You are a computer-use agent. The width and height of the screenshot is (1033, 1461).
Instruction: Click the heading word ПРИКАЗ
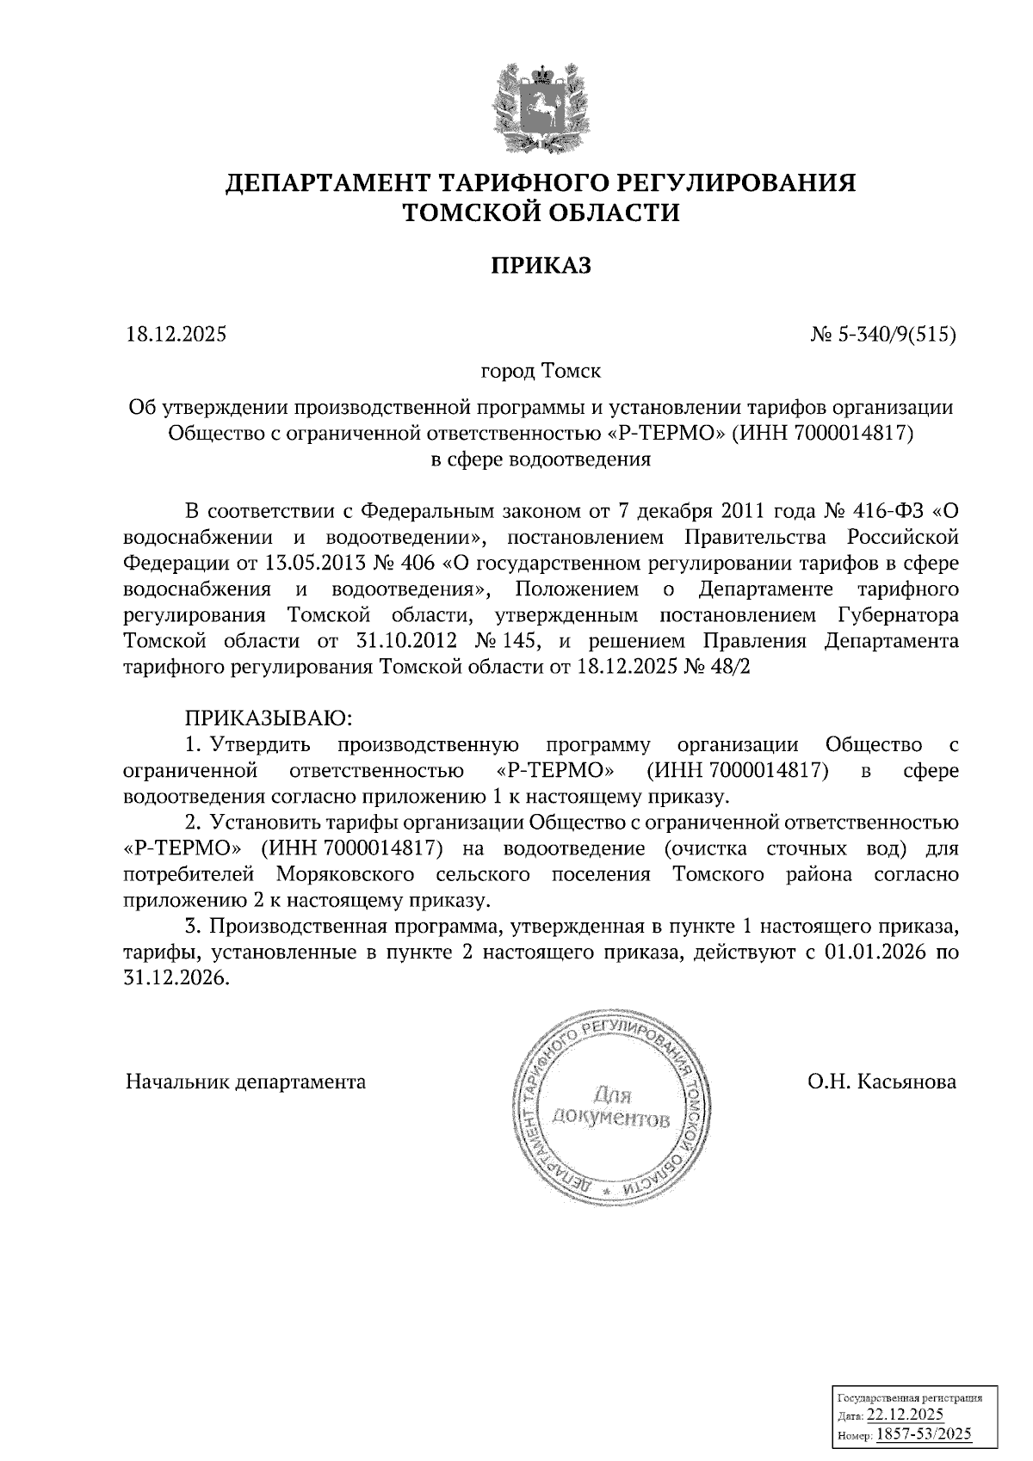point(541,266)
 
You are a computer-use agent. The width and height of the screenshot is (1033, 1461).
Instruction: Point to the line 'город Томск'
point(541,372)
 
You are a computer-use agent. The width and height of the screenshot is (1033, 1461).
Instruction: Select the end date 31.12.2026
point(177,979)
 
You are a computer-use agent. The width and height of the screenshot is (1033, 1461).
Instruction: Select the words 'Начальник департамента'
point(245,1082)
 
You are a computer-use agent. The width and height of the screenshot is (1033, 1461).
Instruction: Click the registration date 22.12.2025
point(905,1415)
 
